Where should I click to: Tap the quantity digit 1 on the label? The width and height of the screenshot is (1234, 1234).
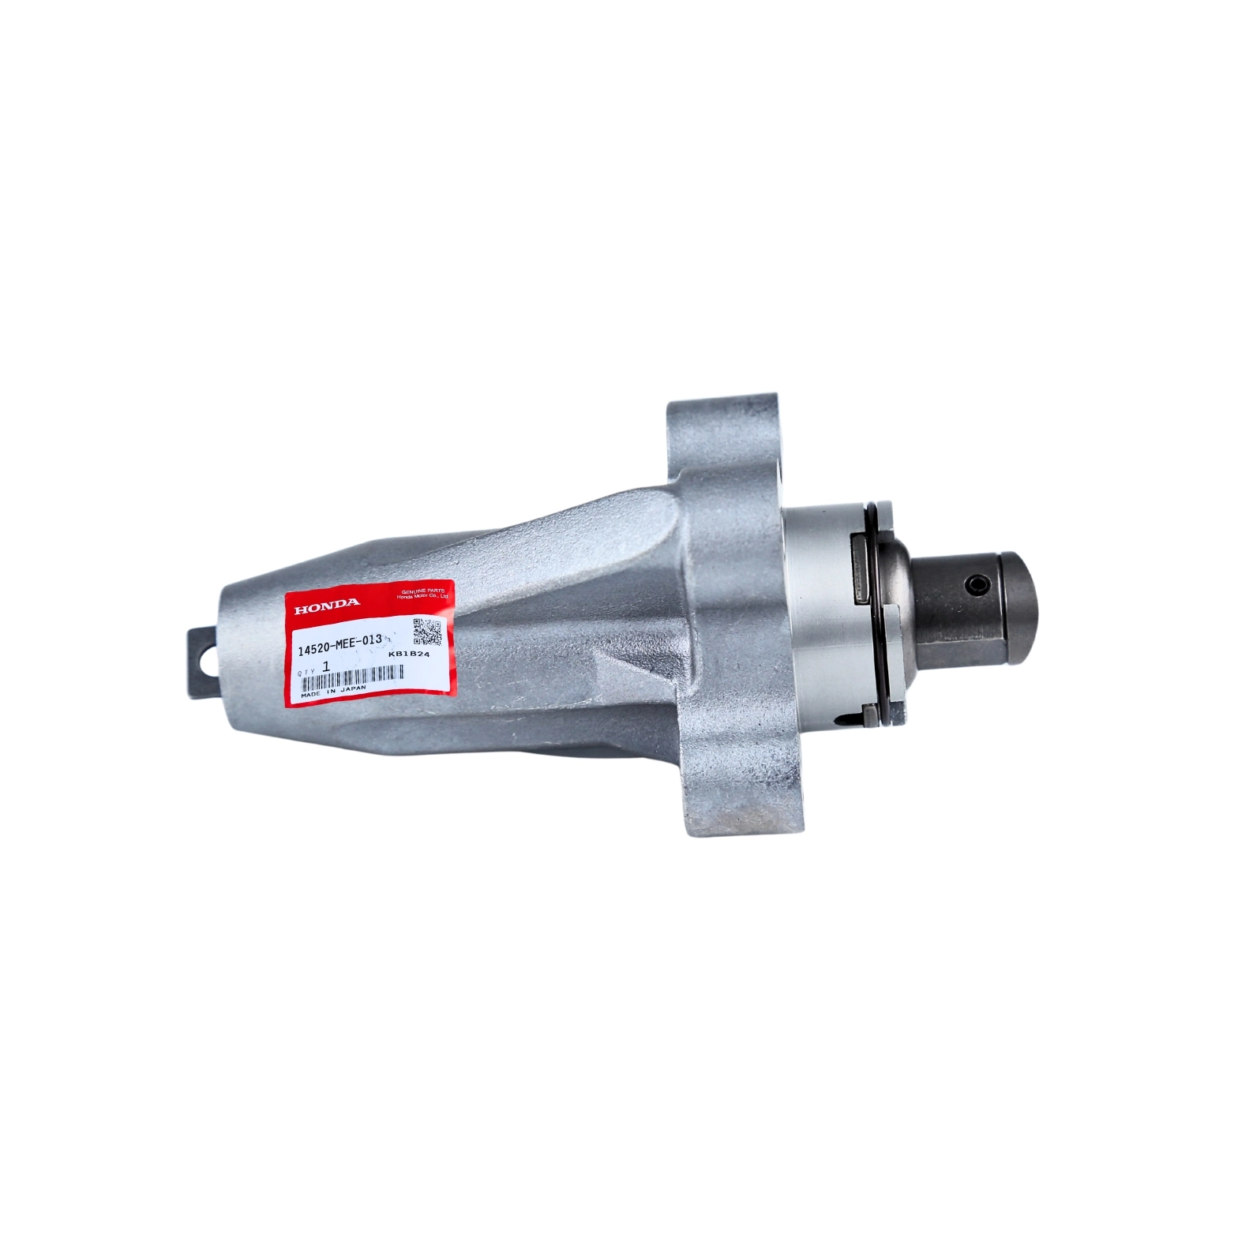pyautogui.click(x=326, y=667)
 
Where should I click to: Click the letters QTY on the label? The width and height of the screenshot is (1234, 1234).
pyautogui.click(x=307, y=671)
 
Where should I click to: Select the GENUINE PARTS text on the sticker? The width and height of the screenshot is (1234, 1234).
pyautogui.click(x=424, y=591)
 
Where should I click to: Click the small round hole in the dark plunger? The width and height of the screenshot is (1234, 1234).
pyautogui.click(x=976, y=585)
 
